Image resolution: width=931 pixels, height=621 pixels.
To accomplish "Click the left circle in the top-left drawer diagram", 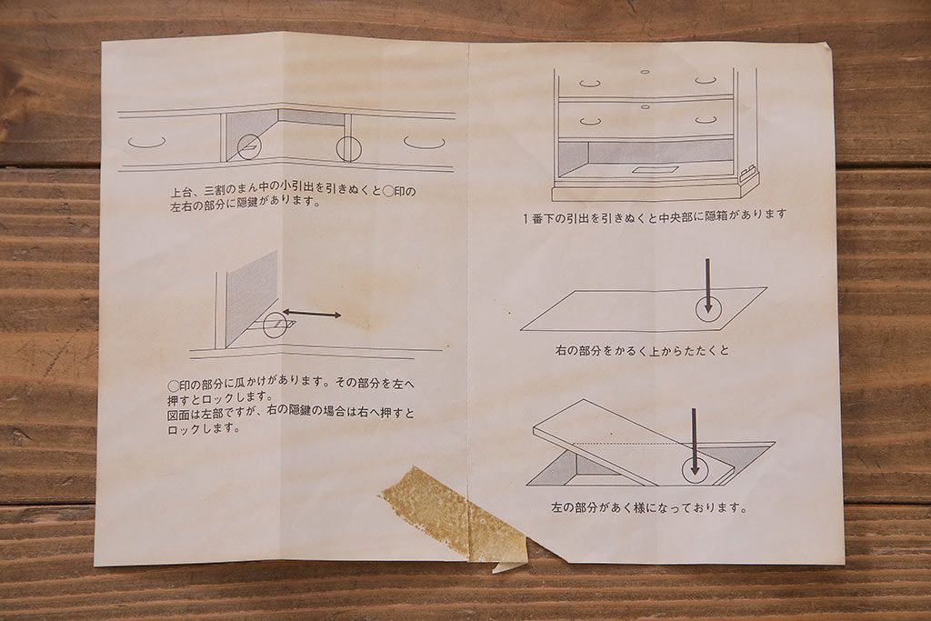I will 249,147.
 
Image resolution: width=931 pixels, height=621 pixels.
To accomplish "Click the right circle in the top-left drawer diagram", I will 348,147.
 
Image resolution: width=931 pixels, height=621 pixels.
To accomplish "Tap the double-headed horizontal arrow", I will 311,314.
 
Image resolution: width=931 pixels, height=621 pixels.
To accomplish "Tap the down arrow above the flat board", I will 706,282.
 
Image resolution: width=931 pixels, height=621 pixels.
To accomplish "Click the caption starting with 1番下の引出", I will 655,215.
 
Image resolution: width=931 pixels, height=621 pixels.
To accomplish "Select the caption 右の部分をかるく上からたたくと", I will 642,350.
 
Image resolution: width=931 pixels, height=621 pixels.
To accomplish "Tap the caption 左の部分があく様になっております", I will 649,508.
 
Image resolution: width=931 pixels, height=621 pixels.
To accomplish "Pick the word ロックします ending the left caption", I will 204,428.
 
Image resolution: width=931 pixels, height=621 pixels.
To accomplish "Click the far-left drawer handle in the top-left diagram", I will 146,143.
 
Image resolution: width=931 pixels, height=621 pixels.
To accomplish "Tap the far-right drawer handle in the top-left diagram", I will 425,143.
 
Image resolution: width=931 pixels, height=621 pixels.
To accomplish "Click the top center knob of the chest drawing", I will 645,72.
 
